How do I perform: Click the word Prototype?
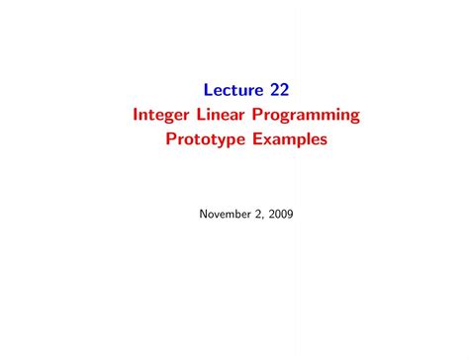[205, 140]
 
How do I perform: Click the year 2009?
[281, 213]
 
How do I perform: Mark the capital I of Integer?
[136, 115]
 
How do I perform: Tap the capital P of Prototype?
[171, 139]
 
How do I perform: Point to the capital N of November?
[203, 213]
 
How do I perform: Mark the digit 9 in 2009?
[290, 213]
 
